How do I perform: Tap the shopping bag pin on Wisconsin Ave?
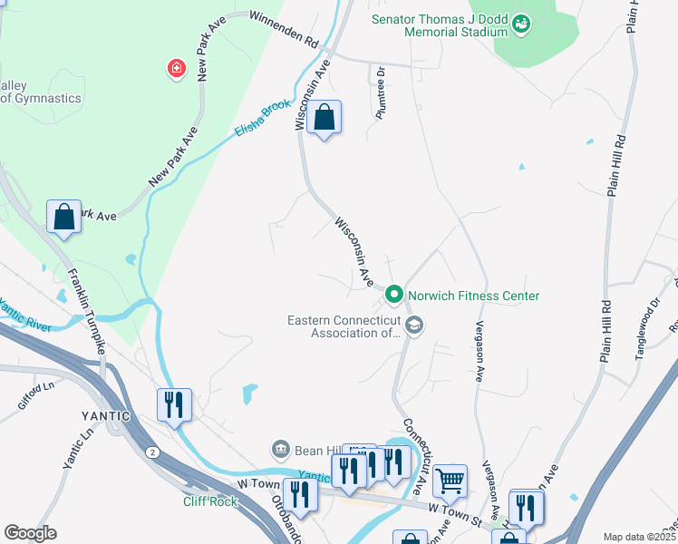coord(324,118)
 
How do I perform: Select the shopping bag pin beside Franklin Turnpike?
coord(63,218)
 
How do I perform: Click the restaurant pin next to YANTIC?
coord(174,405)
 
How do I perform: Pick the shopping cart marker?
coord(450,481)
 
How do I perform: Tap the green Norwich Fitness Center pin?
coord(394,296)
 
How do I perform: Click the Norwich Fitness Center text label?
coord(473,296)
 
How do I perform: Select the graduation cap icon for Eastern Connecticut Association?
coord(413,325)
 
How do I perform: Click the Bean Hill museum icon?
coord(280,449)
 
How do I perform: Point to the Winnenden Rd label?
coord(286,30)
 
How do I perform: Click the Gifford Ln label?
coord(37,396)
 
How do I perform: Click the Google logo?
coord(31,533)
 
